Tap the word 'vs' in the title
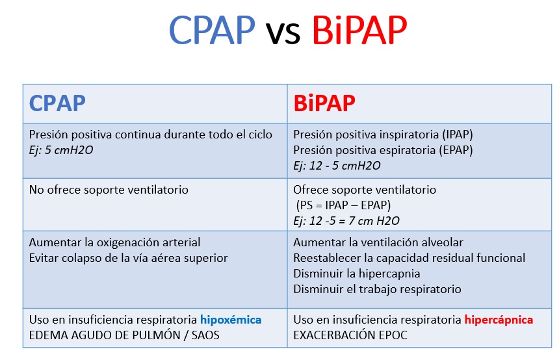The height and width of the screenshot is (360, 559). point(283,32)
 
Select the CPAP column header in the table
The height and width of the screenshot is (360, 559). point(57,103)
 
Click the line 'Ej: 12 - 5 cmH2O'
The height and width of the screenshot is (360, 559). point(337,165)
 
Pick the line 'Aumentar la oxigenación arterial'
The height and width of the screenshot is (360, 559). point(114,242)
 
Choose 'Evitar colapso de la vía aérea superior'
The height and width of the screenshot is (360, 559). point(128,258)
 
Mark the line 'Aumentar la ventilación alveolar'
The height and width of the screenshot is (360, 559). point(378,242)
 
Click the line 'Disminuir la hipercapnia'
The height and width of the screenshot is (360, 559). point(356,274)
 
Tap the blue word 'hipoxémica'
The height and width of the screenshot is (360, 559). point(231,320)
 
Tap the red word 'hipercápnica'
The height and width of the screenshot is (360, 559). point(499,320)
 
